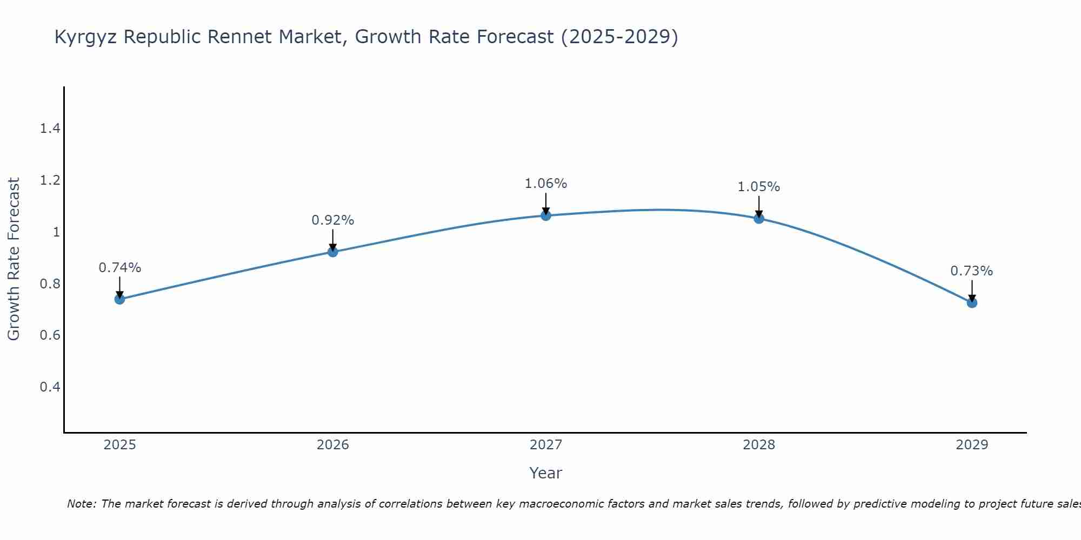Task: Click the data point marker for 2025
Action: click(x=119, y=299)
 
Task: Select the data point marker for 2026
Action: click(x=333, y=252)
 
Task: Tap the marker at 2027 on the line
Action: click(x=546, y=215)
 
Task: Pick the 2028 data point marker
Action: click(x=759, y=218)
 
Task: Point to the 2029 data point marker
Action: click(x=972, y=302)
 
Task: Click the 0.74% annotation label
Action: click(x=119, y=268)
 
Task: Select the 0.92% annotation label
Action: click(x=333, y=220)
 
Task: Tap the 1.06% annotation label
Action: click(x=546, y=184)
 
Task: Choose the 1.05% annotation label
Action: click(x=759, y=187)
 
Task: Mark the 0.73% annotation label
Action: click(x=972, y=271)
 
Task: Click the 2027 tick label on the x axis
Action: click(x=546, y=445)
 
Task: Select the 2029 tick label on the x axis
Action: click(x=972, y=445)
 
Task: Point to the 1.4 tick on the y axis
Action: click(x=50, y=129)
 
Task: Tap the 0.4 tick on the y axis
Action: click(x=50, y=387)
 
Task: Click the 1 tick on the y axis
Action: click(x=56, y=232)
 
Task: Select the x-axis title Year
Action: click(x=546, y=473)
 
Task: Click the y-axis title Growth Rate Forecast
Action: click(x=14, y=259)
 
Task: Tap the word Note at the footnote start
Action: click(x=81, y=504)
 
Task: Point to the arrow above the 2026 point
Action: click(x=333, y=240)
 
